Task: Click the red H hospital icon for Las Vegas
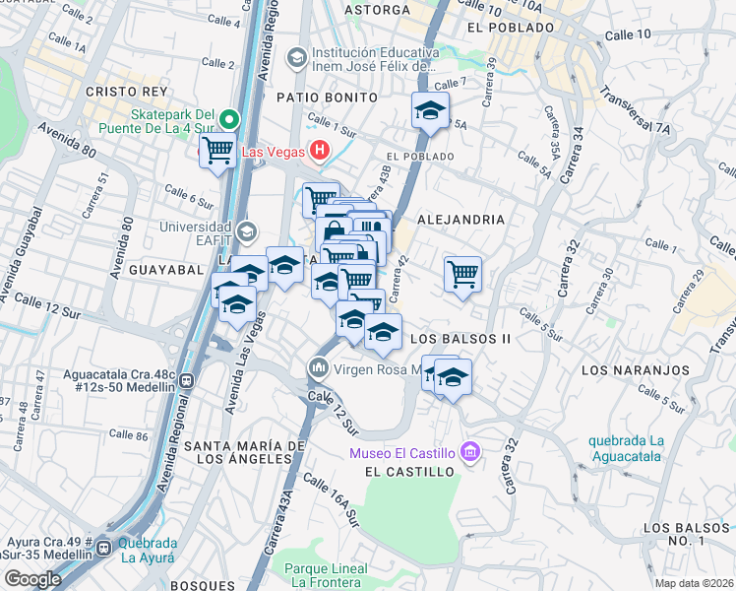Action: (319, 151)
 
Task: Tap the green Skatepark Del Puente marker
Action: (228, 120)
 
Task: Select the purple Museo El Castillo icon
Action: (470, 452)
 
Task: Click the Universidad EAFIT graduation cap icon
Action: (246, 232)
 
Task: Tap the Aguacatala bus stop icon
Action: (186, 380)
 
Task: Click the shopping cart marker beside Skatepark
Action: (216, 153)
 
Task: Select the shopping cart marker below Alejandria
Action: (461, 273)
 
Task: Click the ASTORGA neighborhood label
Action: (377, 10)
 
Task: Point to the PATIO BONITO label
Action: (327, 98)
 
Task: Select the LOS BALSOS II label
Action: (460, 338)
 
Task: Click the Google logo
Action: (32, 579)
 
